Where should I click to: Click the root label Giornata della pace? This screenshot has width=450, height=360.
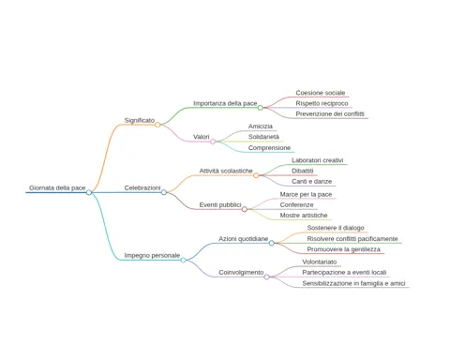pyautogui.click(x=57, y=187)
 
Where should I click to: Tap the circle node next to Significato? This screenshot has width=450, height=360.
pyautogui.click(x=157, y=125)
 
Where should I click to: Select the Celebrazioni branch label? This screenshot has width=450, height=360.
pyautogui.click(x=142, y=187)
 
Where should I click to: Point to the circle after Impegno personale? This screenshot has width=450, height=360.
pyautogui.click(x=184, y=260)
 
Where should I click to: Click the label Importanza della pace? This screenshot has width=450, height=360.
pyautogui.click(x=225, y=103)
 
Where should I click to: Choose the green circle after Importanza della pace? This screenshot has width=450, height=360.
pyautogui.click(x=261, y=108)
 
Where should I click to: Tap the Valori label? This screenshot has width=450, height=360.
pyautogui.click(x=202, y=137)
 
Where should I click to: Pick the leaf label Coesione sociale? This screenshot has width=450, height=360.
pyautogui.click(x=321, y=93)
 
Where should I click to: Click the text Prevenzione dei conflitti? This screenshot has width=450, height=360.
pyautogui.click(x=330, y=113)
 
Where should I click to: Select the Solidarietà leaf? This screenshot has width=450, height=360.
pyautogui.click(x=263, y=137)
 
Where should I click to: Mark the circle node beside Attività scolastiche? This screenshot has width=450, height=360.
pyautogui.click(x=256, y=175)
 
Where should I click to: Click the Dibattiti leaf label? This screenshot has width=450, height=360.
pyautogui.click(x=303, y=171)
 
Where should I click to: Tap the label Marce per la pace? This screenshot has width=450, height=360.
pyautogui.click(x=306, y=194)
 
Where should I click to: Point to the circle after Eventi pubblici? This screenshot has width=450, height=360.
pyautogui.click(x=245, y=209)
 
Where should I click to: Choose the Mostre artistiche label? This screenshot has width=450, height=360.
pyautogui.click(x=304, y=216)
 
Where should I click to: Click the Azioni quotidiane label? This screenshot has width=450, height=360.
pyautogui.click(x=244, y=239)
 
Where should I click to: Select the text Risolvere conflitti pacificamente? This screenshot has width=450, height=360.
pyautogui.click(x=352, y=239)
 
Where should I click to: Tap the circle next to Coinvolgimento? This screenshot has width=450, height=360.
pyautogui.click(x=266, y=277)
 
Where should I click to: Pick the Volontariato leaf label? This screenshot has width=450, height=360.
pyautogui.click(x=320, y=262)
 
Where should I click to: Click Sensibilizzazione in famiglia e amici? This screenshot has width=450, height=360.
pyautogui.click(x=353, y=283)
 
